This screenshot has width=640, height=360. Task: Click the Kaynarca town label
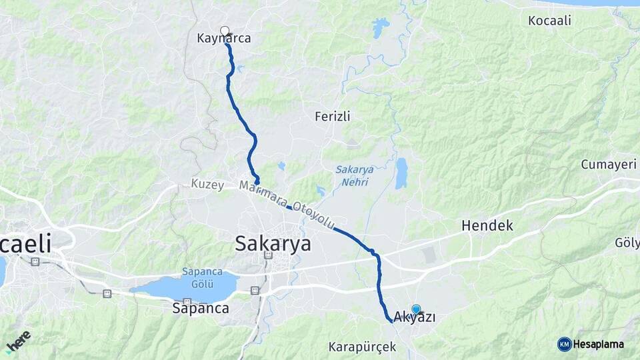tap(224, 39)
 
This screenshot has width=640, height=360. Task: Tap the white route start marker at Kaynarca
tap(225, 30)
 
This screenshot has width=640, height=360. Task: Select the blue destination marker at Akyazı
tap(416, 309)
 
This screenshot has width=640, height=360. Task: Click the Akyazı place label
tap(415, 317)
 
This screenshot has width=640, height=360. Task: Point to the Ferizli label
tap(333, 117)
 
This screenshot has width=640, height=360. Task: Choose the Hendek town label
tap(487, 226)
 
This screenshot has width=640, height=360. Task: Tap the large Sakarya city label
tap(273, 244)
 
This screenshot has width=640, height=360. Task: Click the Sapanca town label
tap(201, 309)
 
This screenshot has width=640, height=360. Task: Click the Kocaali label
tap(550, 21)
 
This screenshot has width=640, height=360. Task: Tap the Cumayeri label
tap(609, 165)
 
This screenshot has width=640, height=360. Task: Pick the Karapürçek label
tap(363, 347)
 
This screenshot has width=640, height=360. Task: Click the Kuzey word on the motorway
tap(207, 185)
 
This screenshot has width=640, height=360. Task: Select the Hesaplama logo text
tap(598, 344)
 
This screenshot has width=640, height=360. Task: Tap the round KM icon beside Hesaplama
tap(564, 344)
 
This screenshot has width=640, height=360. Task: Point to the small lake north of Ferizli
tap(381, 28)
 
